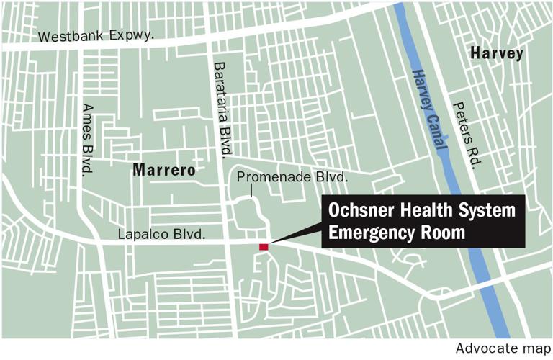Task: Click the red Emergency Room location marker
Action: [264, 247]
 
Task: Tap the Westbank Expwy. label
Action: [96, 36]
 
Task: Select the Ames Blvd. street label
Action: [87, 139]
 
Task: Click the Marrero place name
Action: [163, 170]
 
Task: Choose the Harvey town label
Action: [496, 54]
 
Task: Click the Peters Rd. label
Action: [466, 134]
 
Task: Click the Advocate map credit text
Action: [503, 348]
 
